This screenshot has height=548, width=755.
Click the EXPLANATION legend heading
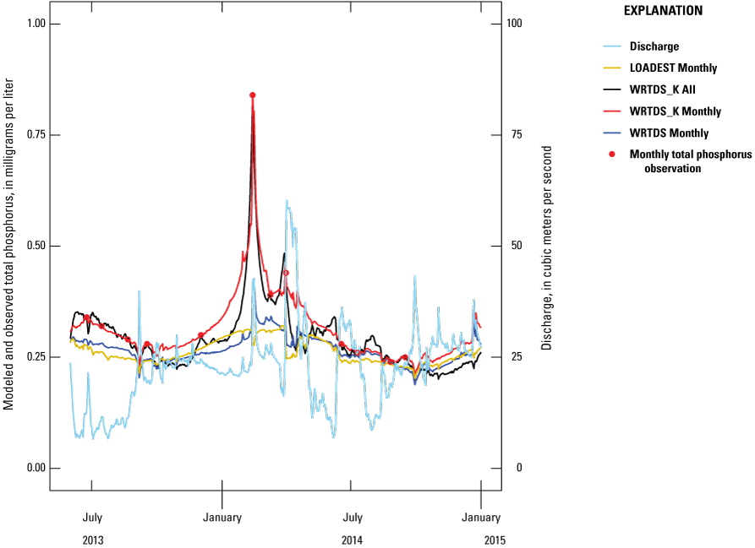pyautogui.click(x=663, y=11)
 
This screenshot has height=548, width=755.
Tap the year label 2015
pyautogui.click(x=481, y=538)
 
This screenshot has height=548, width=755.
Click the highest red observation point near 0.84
pyautogui.click(x=253, y=95)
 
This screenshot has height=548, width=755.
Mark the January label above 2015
pyautogui.click(x=481, y=518)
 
